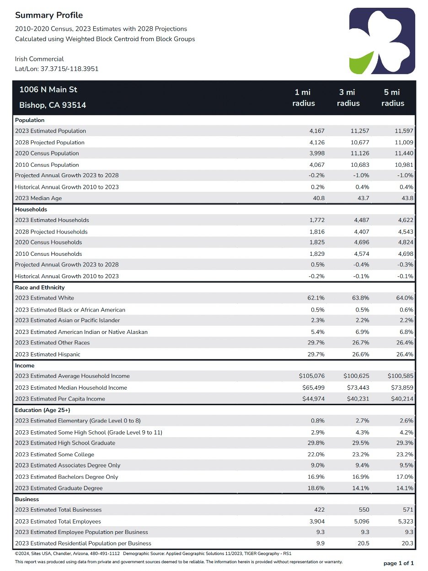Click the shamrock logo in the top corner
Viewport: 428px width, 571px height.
(x=382, y=41)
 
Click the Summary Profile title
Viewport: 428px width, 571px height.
(x=49, y=16)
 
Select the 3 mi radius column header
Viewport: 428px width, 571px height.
(x=348, y=98)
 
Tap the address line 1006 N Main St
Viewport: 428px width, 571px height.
(x=48, y=90)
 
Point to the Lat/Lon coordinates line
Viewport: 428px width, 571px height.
(x=57, y=69)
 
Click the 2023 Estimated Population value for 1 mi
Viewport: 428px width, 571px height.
(x=317, y=131)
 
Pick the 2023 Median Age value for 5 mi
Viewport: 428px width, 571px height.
(x=407, y=198)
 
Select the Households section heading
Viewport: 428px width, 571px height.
(x=31, y=209)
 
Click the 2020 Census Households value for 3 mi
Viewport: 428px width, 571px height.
(x=361, y=242)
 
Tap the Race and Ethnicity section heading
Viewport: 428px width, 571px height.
(x=40, y=287)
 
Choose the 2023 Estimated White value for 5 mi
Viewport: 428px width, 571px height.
(x=405, y=298)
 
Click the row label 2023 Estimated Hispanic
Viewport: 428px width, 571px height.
(x=48, y=354)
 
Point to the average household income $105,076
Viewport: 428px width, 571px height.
(x=312, y=376)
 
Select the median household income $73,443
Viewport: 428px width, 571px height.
(x=358, y=388)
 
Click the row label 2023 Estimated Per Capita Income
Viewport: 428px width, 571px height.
(x=60, y=399)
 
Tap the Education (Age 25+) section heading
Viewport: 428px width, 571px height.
(x=43, y=410)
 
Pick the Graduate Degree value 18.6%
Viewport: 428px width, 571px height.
(x=316, y=488)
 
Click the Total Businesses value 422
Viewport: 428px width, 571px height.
(x=320, y=510)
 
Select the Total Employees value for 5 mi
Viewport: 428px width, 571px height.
(x=406, y=521)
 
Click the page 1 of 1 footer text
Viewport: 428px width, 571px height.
(x=399, y=563)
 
